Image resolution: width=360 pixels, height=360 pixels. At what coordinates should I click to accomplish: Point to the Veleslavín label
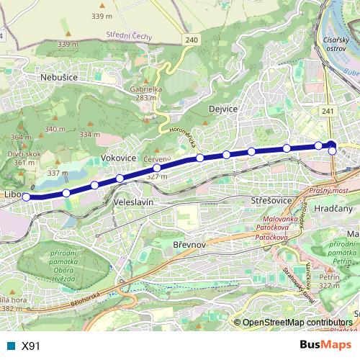click(x=134, y=203)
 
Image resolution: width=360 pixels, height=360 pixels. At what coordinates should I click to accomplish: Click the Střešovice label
click(x=268, y=195)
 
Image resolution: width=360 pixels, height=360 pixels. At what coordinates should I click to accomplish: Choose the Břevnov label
click(x=191, y=246)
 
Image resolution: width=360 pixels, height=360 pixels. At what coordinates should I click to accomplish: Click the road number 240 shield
click(x=190, y=40)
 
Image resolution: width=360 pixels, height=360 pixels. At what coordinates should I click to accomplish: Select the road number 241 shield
click(x=328, y=111)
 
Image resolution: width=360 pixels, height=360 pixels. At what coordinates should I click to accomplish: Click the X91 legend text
click(x=31, y=346)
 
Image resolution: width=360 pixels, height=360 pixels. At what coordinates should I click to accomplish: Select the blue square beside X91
click(x=11, y=346)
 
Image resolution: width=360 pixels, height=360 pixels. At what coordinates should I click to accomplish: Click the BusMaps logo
click(x=325, y=345)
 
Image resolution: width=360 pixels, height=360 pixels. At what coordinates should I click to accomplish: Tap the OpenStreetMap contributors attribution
click(x=298, y=323)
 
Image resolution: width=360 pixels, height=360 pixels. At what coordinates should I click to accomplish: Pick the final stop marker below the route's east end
click(x=333, y=151)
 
